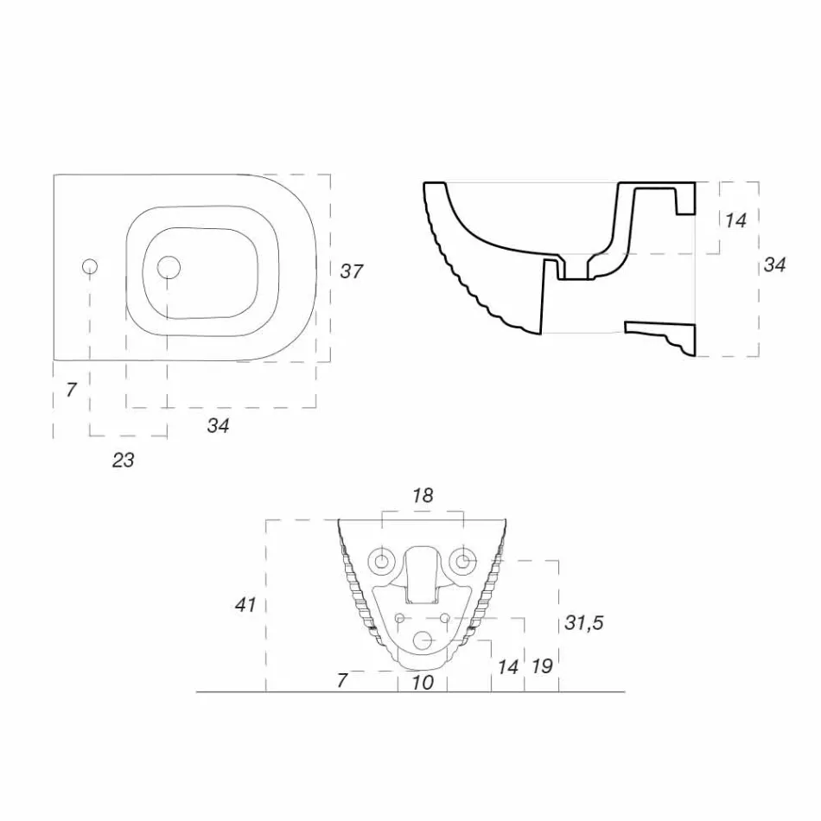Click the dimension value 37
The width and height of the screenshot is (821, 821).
(x=351, y=271)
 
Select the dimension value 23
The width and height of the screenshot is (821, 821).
(x=124, y=460)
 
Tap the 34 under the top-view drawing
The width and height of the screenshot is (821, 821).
(x=218, y=425)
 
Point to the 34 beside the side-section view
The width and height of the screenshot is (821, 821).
(x=774, y=265)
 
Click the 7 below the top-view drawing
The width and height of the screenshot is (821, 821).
(x=72, y=390)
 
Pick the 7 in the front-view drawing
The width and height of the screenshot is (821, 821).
(x=342, y=681)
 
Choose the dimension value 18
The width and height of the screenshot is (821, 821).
(x=423, y=496)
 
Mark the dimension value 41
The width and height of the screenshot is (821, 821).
(x=245, y=605)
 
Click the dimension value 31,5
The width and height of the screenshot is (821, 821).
(x=584, y=623)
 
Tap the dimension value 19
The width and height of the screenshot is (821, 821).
(x=542, y=666)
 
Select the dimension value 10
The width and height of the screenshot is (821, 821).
(x=423, y=682)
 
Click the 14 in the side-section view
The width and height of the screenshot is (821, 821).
(x=735, y=220)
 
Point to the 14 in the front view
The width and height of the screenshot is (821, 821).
(x=508, y=666)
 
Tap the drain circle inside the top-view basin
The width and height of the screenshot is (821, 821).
(x=169, y=268)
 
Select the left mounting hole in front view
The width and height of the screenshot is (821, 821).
(x=381, y=562)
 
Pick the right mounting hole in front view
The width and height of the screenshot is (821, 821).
(x=464, y=562)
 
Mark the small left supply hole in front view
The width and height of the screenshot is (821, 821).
(x=400, y=618)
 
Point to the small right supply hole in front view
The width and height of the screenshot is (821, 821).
(x=445, y=618)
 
